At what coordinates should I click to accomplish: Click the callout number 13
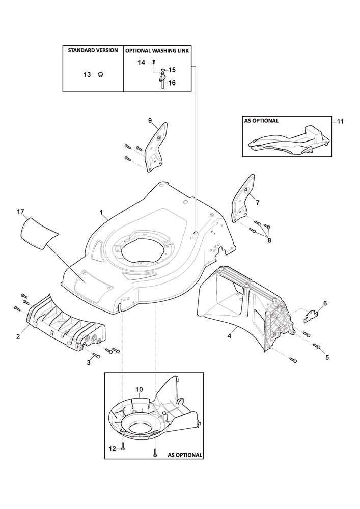coord(87,75)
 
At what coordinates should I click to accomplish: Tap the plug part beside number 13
coord(101,75)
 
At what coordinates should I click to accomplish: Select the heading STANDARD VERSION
coord(93,50)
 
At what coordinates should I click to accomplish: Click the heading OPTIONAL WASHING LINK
coord(157,51)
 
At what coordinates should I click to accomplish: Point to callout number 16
coord(172,83)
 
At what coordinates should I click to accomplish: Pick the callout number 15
coord(172,70)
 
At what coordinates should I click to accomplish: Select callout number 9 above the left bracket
coord(150,121)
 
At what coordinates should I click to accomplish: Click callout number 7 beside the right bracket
coord(258,203)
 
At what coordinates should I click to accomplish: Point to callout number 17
coord(20,212)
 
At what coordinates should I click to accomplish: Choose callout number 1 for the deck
coord(101,213)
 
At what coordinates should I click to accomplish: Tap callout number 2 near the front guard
coord(18,336)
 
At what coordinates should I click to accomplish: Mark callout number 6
coord(325,303)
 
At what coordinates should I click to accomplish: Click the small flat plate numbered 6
coord(311,317)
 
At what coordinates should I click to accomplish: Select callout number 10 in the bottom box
coord(139,389)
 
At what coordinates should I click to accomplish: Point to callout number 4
coord(229,336)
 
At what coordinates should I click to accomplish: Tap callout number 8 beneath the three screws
coord(269,241)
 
